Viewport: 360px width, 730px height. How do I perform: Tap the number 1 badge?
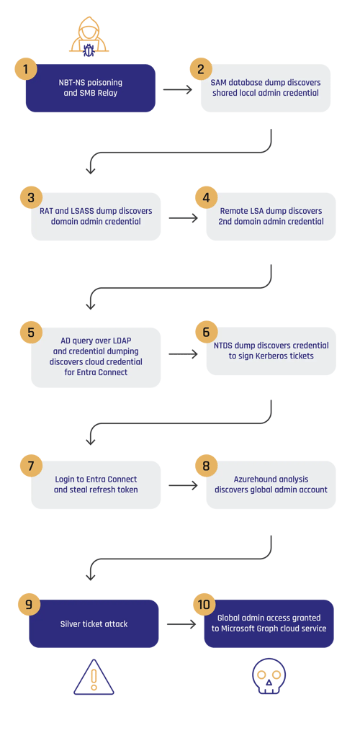point(25,70)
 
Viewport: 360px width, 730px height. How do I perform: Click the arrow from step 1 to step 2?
point(176,89)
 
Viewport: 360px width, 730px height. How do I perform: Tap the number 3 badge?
point(30,197)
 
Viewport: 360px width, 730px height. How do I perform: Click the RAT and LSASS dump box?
point(96,217)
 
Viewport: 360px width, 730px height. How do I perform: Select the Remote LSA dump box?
point(271,217)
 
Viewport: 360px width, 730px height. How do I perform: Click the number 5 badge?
point(30,333)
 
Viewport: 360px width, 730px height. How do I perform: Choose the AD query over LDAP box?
point(96,356)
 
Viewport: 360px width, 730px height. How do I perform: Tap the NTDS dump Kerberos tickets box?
point(271,351)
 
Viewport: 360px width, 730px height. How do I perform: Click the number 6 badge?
point(206,333)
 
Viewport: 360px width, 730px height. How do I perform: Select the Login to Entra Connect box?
point(96,485)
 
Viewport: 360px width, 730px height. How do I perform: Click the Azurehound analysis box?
point(271,485)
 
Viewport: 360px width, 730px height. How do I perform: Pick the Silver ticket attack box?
point(94,623)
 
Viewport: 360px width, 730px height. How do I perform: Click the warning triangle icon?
point(94,677)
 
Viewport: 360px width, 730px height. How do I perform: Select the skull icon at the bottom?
point(269,677)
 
